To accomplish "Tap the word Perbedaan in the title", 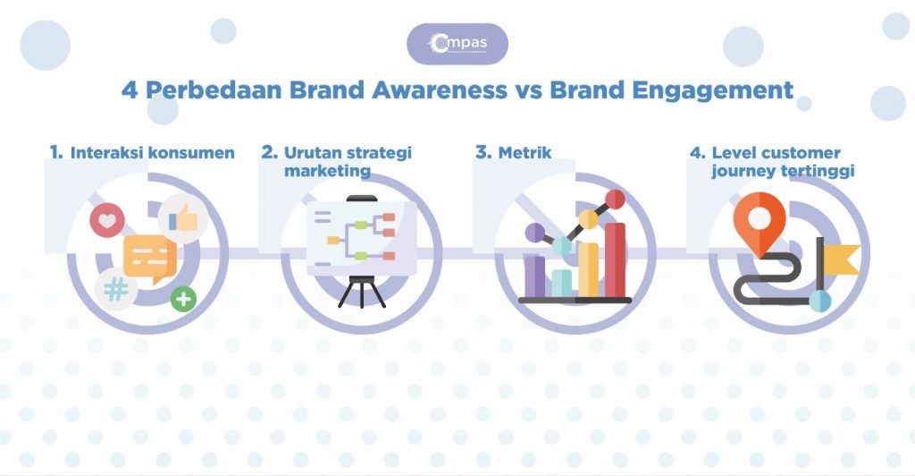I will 207,90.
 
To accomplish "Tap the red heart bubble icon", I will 108,219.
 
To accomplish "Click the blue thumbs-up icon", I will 183,216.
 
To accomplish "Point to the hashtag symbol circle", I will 115,289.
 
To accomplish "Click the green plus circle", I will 184,299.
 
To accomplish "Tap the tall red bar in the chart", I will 615,260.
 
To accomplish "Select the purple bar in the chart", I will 534,276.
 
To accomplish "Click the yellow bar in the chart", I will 588,268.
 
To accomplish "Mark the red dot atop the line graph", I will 615,198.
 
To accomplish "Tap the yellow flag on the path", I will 842,259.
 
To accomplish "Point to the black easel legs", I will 361,292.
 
